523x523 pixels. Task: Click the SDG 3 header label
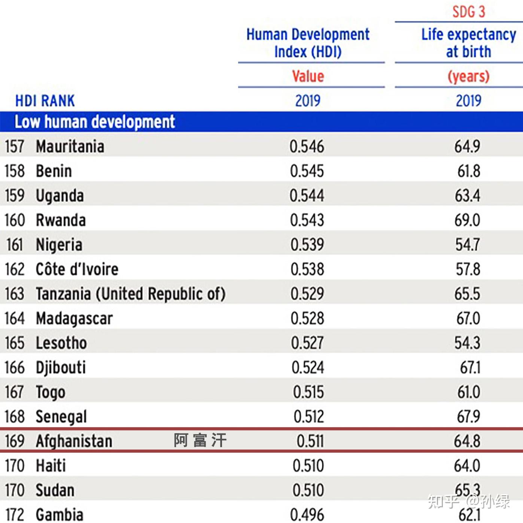[468, 12]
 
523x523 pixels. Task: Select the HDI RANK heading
[45, 101]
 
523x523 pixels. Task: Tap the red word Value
[308, 76]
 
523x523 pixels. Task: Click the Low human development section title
[95, 122]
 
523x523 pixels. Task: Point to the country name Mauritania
[70, 146]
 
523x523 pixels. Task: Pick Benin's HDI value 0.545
[307, 171]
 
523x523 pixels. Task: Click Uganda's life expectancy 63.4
[468, 196]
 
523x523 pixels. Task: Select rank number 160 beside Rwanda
[15, 220]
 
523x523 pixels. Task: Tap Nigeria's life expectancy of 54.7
[468, 245]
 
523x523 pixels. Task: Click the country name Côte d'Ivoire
[77, 269]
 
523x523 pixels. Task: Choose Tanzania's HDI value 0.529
[307, 294]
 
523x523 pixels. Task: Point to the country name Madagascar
[74, 318]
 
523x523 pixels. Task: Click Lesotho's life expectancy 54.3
[467, 343]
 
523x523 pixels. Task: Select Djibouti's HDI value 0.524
[308, 367]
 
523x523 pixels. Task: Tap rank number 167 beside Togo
[15, 392]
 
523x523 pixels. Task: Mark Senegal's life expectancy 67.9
[468, 416]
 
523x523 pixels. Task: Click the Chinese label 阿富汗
[200, 440]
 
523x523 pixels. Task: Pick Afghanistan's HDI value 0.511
[310, 441]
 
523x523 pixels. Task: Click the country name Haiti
[51, 466]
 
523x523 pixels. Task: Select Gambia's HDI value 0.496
[307, 515]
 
